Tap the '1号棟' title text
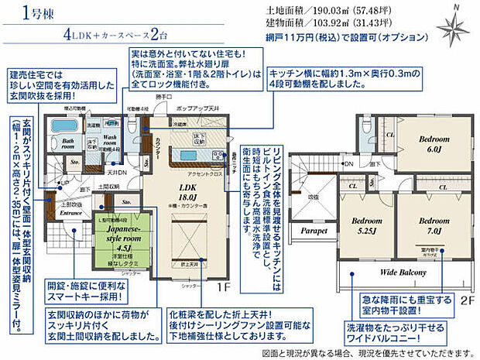[x=36, y=14]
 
